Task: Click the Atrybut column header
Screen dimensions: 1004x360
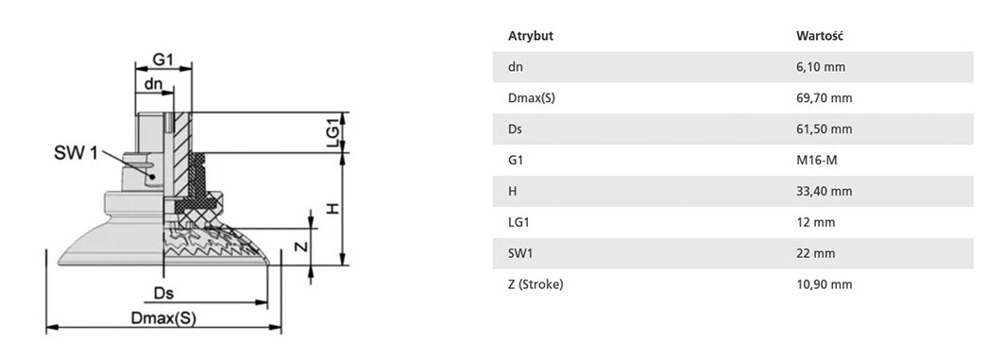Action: click(530, 36)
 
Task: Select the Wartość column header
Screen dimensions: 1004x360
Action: click(820, 36)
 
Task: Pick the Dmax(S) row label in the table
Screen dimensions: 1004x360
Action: click(532, 98)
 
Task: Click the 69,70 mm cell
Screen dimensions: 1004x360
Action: click(825, 98)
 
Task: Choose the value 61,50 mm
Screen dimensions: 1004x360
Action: click(825, 129)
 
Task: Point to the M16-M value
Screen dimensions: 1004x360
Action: click(816, 160)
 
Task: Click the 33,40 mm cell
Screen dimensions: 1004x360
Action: click(825, 191)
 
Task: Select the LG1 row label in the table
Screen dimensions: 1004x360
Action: click(519, 222)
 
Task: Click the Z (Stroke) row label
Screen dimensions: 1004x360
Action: click(536, 284)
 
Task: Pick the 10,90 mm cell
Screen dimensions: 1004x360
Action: click(825, 284)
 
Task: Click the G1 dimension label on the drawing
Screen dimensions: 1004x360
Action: click(162, 60)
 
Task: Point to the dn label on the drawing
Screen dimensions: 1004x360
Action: click(153, 83)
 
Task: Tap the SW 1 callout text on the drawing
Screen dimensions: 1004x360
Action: click(77, 153)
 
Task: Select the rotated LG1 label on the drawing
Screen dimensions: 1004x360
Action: click(333, 133)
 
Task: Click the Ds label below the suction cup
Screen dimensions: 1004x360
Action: click(164, 293)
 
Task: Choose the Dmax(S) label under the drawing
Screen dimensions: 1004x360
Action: click(163, 318)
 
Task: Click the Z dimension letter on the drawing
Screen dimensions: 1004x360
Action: click(304, 247)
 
